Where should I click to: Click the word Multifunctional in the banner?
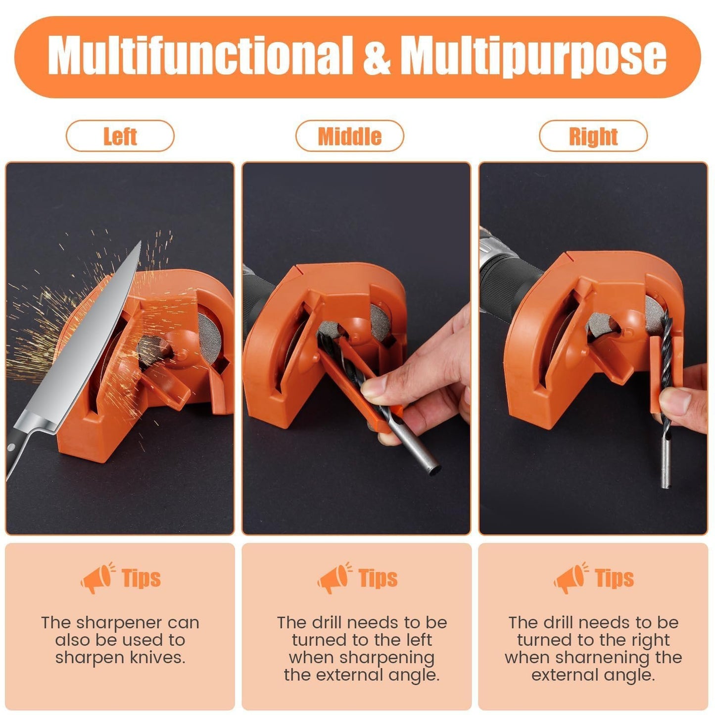[200, 55]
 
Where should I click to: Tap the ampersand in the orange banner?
[376, 56]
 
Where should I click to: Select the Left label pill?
[120, 136]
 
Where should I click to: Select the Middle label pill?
[350, 136]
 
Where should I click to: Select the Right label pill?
[593, 136]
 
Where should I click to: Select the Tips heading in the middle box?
[378, 578]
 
